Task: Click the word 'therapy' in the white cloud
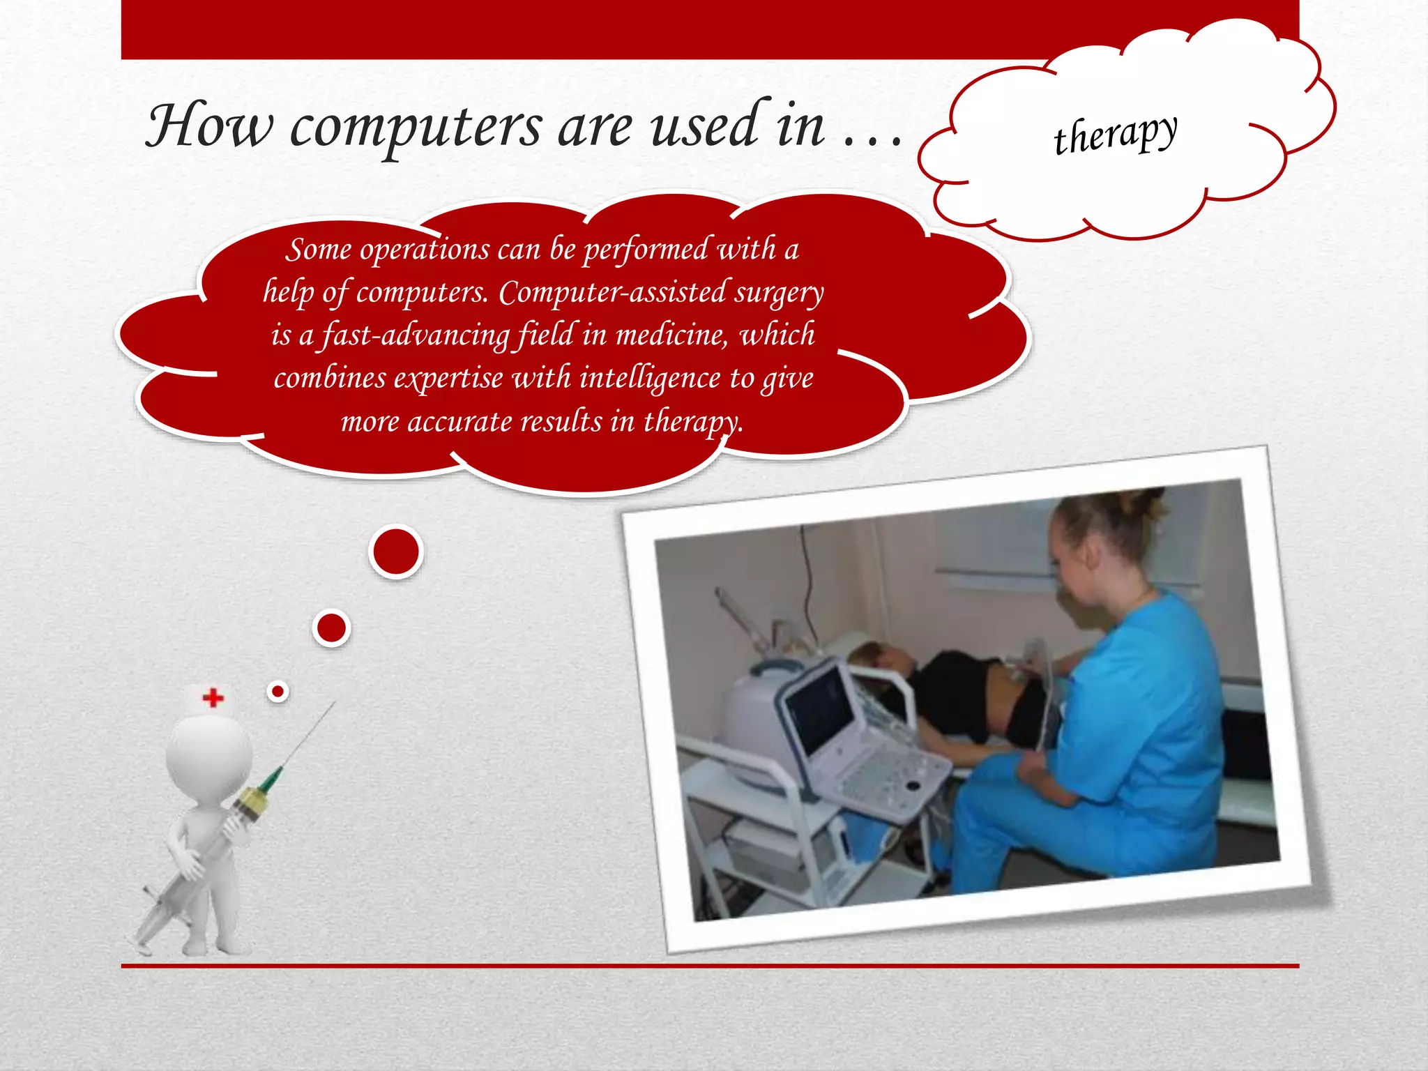tap(1116, 134)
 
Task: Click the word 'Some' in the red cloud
tap(318, 250)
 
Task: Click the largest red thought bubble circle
tap(396, 551)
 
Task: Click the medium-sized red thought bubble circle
tap(331, 628)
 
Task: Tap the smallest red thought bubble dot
tap(278, 691)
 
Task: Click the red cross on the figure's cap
tap(213, 697)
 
